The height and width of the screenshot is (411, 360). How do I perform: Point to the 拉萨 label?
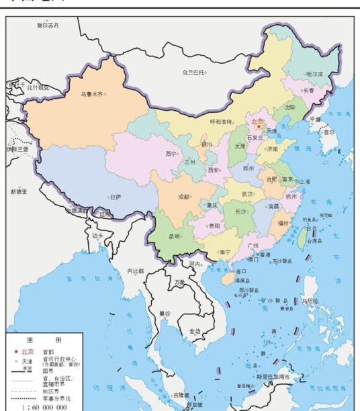pos(115,197)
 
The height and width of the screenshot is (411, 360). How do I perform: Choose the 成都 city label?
pos(183,197)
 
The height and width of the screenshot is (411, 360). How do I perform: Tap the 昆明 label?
pos(174,236)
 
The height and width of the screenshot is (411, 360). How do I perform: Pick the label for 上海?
pos(305,181)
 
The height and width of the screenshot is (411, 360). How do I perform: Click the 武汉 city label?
pos(247,193)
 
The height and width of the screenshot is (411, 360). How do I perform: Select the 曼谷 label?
pos(165,313)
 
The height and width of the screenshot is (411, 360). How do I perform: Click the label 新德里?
pos(18,191)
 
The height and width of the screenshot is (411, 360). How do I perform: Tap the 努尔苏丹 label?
pos(48,25)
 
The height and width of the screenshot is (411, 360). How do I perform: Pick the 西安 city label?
pos(214,171)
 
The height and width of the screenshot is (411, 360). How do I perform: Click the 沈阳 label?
pos(289,107)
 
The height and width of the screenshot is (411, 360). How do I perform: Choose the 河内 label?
pos(196,264)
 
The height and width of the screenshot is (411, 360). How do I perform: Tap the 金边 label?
pos(194,331)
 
